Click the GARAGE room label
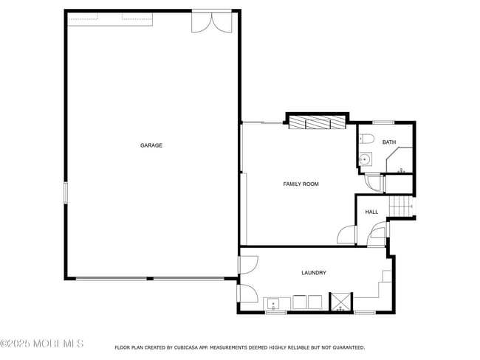[151, 145]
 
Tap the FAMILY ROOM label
[301, 184]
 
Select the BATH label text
[388, 142]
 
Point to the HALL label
[371, 212]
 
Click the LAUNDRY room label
[313, 273]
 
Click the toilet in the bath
[368, 139]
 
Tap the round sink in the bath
[365, 159]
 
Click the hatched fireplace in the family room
[317, 122]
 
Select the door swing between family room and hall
[347, 236]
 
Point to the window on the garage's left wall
[65, 193]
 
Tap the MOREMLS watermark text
[42, 343]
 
